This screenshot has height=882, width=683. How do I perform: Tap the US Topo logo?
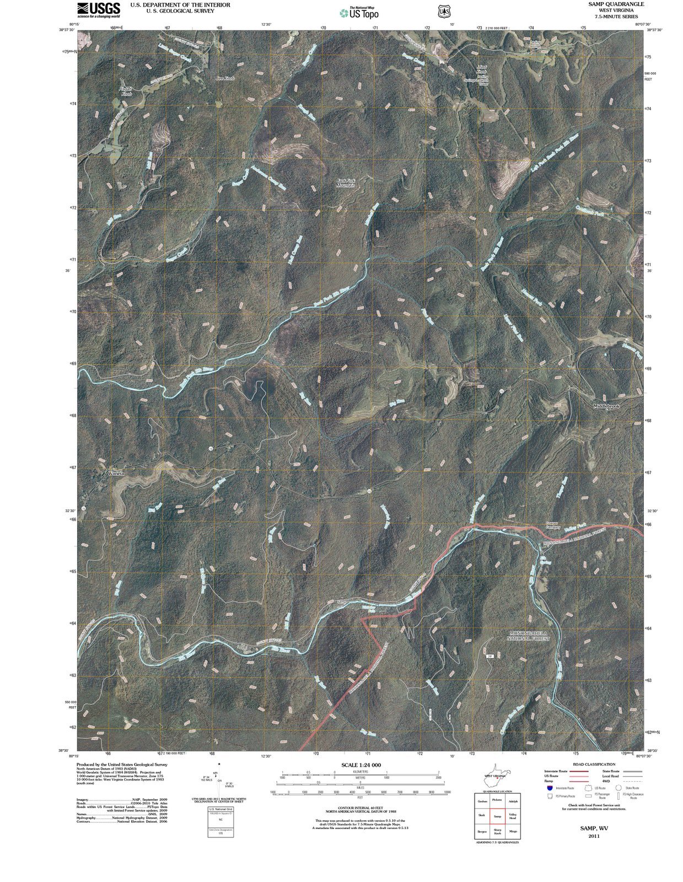(x=359, y=13)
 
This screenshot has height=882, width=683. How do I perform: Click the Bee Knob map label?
(x=225, y=79)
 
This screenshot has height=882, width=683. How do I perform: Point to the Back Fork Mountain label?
(x=345, y=183)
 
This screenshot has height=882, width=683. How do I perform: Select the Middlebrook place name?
(x=607, y=406)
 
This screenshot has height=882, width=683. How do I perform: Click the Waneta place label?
(x=116, y=474)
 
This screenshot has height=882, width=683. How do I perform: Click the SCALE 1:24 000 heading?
(x=361, y=765)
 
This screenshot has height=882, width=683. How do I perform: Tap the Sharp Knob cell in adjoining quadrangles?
(x=497, y=832)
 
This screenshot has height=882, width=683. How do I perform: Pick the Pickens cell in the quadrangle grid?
(x=497, y=800)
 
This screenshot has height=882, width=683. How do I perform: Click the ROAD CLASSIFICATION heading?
(x=594, y=765)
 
